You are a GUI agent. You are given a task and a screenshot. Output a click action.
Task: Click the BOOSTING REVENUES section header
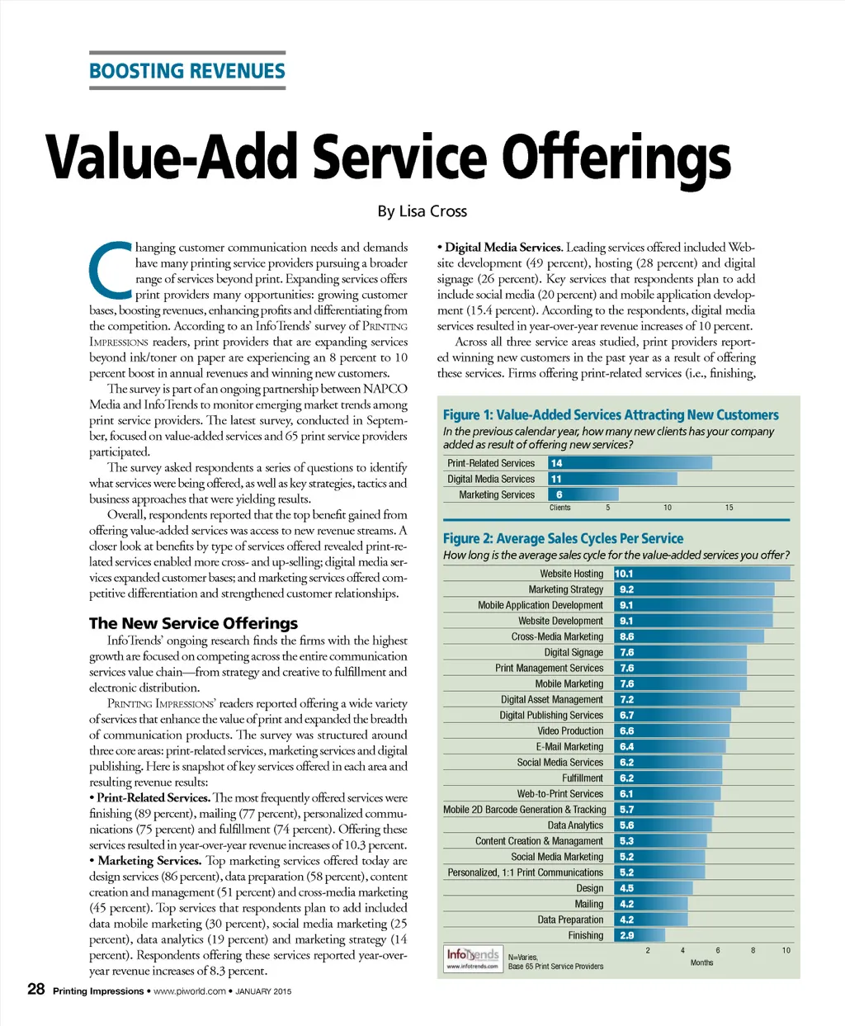[187, 71]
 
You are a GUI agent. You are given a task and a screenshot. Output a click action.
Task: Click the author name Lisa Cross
[422, 211]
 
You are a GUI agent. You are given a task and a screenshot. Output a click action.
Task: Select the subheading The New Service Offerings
[193, 623]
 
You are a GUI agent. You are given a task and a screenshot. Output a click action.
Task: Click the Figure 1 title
[611, 415]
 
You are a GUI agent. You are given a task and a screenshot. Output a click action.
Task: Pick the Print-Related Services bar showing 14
[629, 463]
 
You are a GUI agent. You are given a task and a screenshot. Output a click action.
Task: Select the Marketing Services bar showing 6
[583, 494]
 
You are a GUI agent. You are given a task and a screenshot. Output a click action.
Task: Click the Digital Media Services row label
[491, 479]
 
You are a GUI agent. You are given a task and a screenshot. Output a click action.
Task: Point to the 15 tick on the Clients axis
[729, 508]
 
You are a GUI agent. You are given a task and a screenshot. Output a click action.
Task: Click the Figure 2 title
[563, 538]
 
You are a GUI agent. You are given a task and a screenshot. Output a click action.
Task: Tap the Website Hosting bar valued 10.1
[701, 574]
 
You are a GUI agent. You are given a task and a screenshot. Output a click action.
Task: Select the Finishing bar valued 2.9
[640, 935]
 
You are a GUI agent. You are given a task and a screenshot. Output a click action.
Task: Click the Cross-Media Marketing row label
[557, 636]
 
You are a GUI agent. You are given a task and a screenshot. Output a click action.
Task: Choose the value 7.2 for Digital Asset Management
[627, 699]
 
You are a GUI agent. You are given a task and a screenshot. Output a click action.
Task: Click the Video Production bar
[672, 730]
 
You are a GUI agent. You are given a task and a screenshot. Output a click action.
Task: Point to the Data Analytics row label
[575, 825]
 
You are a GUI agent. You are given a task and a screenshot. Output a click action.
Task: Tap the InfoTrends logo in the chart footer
[473, 957]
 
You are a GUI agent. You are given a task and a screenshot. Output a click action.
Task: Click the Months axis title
[701, 962]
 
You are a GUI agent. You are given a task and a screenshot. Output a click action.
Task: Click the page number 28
[36, 989]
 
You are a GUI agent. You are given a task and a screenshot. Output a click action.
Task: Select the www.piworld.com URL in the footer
[190, 991]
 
